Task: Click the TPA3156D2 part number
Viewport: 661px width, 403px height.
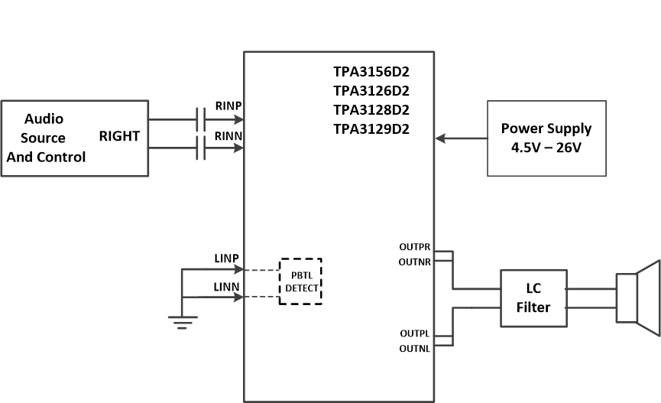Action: tap(371, 72)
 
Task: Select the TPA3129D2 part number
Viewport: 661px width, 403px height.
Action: tap(371, 128)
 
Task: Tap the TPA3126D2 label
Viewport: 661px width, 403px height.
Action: tap(371, 91)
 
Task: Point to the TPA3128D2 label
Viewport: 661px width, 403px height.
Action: tap(371, 109)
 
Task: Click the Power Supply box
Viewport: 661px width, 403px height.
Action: tap(546, 138)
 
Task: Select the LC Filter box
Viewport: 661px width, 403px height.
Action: tap(533, 299)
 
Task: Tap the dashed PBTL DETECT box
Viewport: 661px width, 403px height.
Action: tap(300, 281)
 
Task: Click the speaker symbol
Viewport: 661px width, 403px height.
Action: tap(637, 298)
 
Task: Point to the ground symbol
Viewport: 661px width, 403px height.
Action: tap(181, 321)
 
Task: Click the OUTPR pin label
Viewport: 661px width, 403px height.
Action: tap(414, 248)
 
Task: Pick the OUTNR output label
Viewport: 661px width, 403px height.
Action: tap(414, 262)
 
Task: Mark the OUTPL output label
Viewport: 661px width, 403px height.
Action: tap(414, 334)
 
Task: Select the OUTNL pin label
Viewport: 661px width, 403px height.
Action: tap(414, 349)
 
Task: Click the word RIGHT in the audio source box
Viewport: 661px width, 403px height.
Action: tap(119, 137)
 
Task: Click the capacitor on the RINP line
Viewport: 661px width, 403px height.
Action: tap(201, 119)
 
